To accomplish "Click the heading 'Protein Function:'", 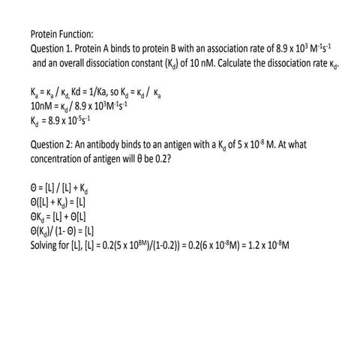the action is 61,34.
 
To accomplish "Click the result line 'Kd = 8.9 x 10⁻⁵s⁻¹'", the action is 60,118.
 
